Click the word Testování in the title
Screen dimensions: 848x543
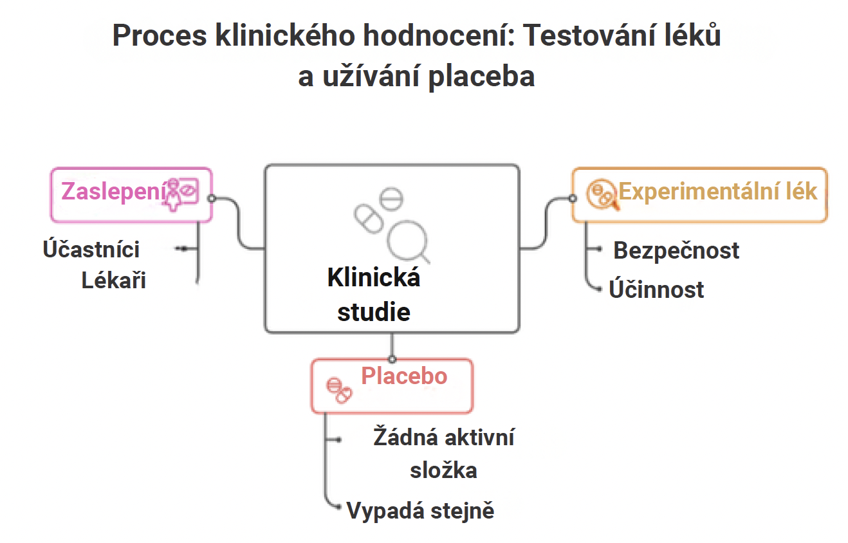590,35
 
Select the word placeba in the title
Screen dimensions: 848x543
481,77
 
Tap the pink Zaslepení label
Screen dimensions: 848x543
114,192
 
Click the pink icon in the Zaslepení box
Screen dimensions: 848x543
180,194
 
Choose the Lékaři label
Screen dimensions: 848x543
114,281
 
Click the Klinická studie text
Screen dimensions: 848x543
374,294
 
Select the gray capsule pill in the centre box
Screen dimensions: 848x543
369,219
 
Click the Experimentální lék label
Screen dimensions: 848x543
718,192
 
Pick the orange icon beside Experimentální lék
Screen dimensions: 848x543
602,194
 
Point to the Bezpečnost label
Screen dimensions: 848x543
676,250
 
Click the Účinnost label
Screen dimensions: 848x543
656,290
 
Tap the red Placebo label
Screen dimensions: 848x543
404,376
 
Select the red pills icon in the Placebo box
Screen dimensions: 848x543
339,391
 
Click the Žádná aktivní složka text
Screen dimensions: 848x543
444,454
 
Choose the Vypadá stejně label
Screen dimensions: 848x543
420,510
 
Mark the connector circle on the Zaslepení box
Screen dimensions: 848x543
212,198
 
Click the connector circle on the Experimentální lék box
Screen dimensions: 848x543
573,198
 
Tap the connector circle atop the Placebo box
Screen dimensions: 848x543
392,359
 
